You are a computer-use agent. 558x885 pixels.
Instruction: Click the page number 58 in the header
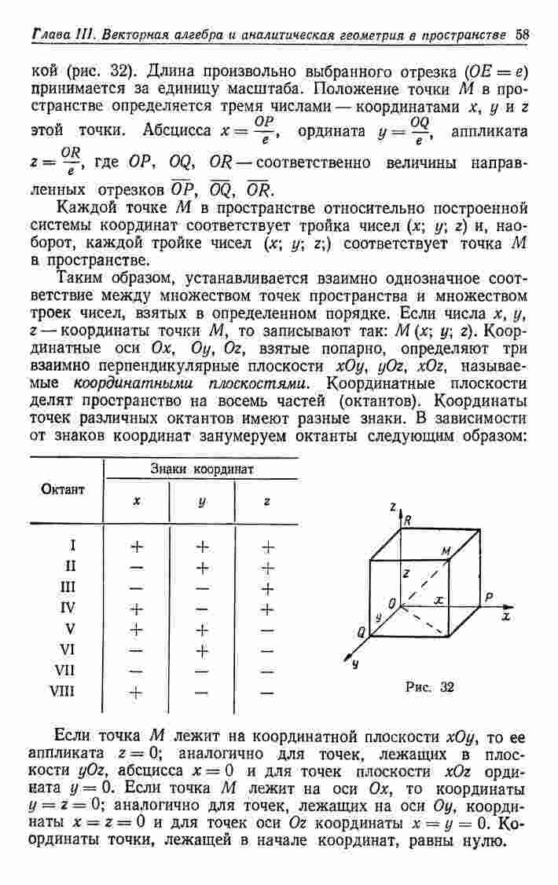pyautogui.click(x=524, y=35)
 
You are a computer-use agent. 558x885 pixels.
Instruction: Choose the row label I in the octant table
pyautogui.click(x=72, y=544)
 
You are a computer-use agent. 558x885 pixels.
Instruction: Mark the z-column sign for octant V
pyautogui.click(x=267, y=629)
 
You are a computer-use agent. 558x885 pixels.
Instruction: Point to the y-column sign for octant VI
pyautogui.click(x=202, y=649)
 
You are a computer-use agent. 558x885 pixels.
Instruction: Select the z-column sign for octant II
pyautogui.click(x=267, y=565)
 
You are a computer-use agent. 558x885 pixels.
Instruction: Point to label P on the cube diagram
pyautogui.click(x=489, y=598)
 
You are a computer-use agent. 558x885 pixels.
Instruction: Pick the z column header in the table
pyautogui.click(x=267, y=501)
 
